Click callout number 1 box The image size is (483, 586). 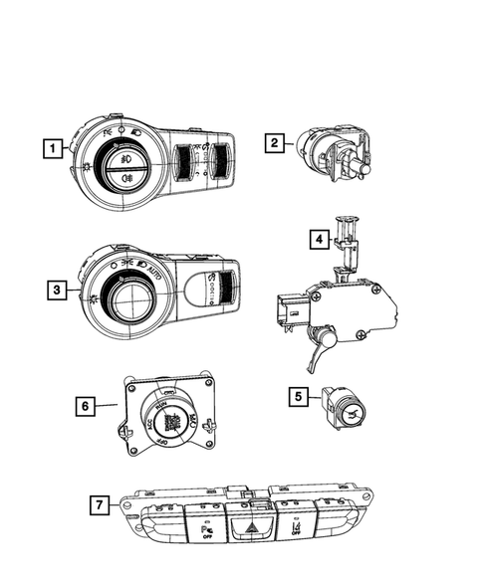48,149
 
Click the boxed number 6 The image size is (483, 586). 89,405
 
